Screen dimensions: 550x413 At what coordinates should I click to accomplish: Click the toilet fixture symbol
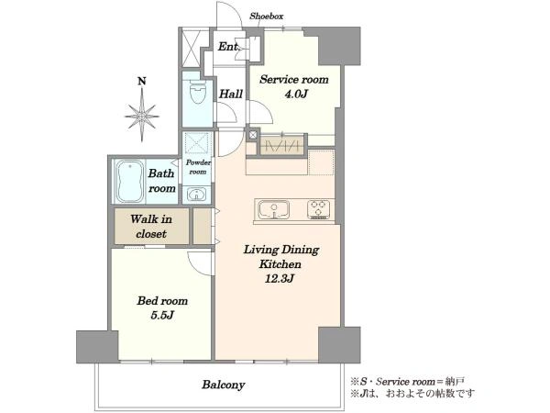tap(197, 92)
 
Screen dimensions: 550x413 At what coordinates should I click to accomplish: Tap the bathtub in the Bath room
tap(130, 181)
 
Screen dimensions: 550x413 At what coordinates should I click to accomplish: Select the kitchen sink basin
tap(274, 209)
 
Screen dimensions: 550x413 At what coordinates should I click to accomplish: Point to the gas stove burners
tap(319, 209)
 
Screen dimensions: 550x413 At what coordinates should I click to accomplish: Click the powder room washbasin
tap(197, 195)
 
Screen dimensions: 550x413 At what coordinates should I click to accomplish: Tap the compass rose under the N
tap(142, 116)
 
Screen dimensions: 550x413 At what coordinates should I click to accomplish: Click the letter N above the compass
tap(142, 82)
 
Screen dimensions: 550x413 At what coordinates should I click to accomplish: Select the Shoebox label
tap(266, 17)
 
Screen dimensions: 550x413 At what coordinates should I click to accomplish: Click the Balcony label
tap(224, 385)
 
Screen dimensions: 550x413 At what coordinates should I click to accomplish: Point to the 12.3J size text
tap(280, 279)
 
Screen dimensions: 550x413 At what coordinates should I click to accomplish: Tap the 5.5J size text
tap(162, 316)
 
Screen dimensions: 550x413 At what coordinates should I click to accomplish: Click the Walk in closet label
tap(151, 226)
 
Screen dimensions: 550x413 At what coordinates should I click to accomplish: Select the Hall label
tap(231, 94)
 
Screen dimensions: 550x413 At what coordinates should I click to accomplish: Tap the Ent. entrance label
tap(228, 47)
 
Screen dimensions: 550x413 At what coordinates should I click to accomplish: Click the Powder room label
tap(198, 167)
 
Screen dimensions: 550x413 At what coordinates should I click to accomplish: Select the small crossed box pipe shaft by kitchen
tap(253, 135)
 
